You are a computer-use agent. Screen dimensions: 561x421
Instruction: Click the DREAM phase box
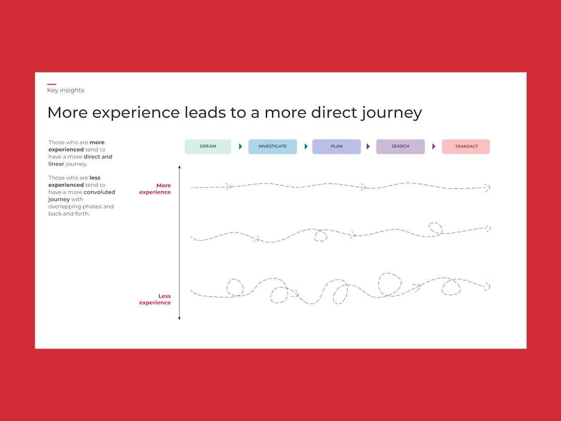208,147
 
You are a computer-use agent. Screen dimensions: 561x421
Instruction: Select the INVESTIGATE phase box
273,147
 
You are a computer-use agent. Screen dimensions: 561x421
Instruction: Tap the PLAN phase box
336,147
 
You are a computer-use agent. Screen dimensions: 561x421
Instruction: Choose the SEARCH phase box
400,147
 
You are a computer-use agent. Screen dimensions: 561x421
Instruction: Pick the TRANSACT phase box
466,147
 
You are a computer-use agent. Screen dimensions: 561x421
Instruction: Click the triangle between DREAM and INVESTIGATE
241,147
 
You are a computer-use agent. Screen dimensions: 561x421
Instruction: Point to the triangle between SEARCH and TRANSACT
434,147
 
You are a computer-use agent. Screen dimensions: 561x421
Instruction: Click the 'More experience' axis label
155,189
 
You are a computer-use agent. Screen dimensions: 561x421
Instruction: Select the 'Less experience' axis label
155,299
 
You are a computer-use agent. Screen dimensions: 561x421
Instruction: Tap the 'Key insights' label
65,90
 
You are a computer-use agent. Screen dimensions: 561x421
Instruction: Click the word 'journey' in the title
392,113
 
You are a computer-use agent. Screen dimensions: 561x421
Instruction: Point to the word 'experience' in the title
136,113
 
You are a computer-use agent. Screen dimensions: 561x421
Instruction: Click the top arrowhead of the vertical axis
180,167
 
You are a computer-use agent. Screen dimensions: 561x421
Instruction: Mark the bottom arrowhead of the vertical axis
180,318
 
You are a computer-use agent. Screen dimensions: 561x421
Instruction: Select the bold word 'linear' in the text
56,164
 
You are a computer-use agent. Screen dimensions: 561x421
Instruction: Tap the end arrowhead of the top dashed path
488,187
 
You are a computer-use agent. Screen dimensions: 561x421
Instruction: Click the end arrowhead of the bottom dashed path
487,286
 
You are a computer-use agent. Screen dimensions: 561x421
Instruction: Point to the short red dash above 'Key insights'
51,84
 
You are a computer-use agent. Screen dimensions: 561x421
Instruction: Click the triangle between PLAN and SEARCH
368,147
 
